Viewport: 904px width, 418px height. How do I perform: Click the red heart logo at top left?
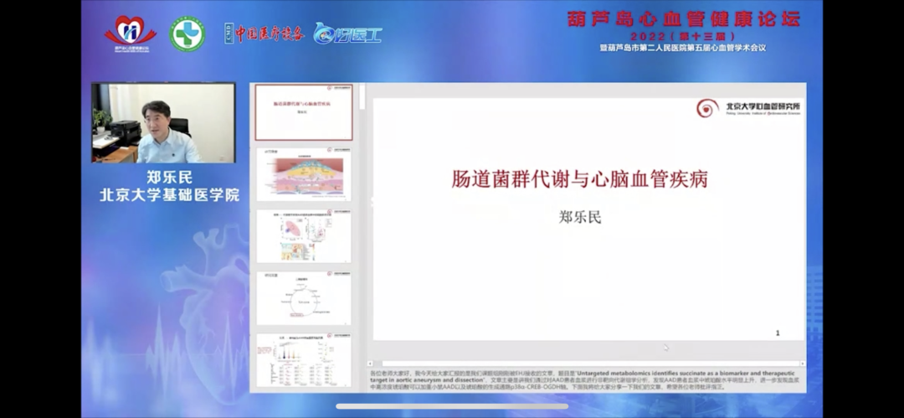tap(130, 33)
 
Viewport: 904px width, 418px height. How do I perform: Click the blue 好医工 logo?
tap(347, 34)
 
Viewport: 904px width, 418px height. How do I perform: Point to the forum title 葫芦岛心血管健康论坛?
tap(683, 18)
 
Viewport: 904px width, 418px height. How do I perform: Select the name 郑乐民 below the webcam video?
tap(170, 177)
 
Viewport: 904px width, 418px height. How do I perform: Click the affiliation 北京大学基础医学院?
tap(170, 194)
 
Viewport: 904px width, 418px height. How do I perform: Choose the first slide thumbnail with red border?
tap(304, 112)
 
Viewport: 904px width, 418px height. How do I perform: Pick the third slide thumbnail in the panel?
tap(304, 236)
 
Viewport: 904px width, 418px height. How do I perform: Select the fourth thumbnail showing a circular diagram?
tap(304, 297)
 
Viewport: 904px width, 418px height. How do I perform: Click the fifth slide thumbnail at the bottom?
tap(304, 360)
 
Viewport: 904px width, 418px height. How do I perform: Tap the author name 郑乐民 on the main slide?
tap(580, 217)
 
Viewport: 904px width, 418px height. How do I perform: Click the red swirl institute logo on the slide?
tap(707, 107)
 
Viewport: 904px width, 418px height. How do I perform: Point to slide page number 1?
tap(778, 333)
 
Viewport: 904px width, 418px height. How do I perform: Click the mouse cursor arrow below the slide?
tap(666, 347)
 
